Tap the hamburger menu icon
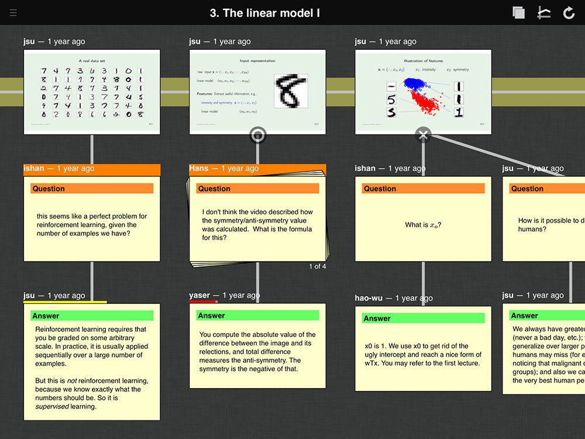point(13,13)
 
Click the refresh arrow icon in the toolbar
point(569,13)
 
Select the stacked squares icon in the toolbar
point(518,13)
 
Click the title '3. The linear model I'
point(265,13)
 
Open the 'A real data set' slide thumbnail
point(92,92)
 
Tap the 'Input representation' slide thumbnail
point(257,92)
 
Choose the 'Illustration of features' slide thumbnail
point(423,92)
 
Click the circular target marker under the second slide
point(257,135)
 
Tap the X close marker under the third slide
point(423,135)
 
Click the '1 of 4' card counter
point(317,266)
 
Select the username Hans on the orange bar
point(199,169)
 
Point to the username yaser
point(199,296)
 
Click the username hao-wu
point(369,298)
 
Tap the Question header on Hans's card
point(214,188)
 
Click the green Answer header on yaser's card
point(212,315)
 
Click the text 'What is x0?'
point(423,225)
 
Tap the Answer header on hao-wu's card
point(377,318)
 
